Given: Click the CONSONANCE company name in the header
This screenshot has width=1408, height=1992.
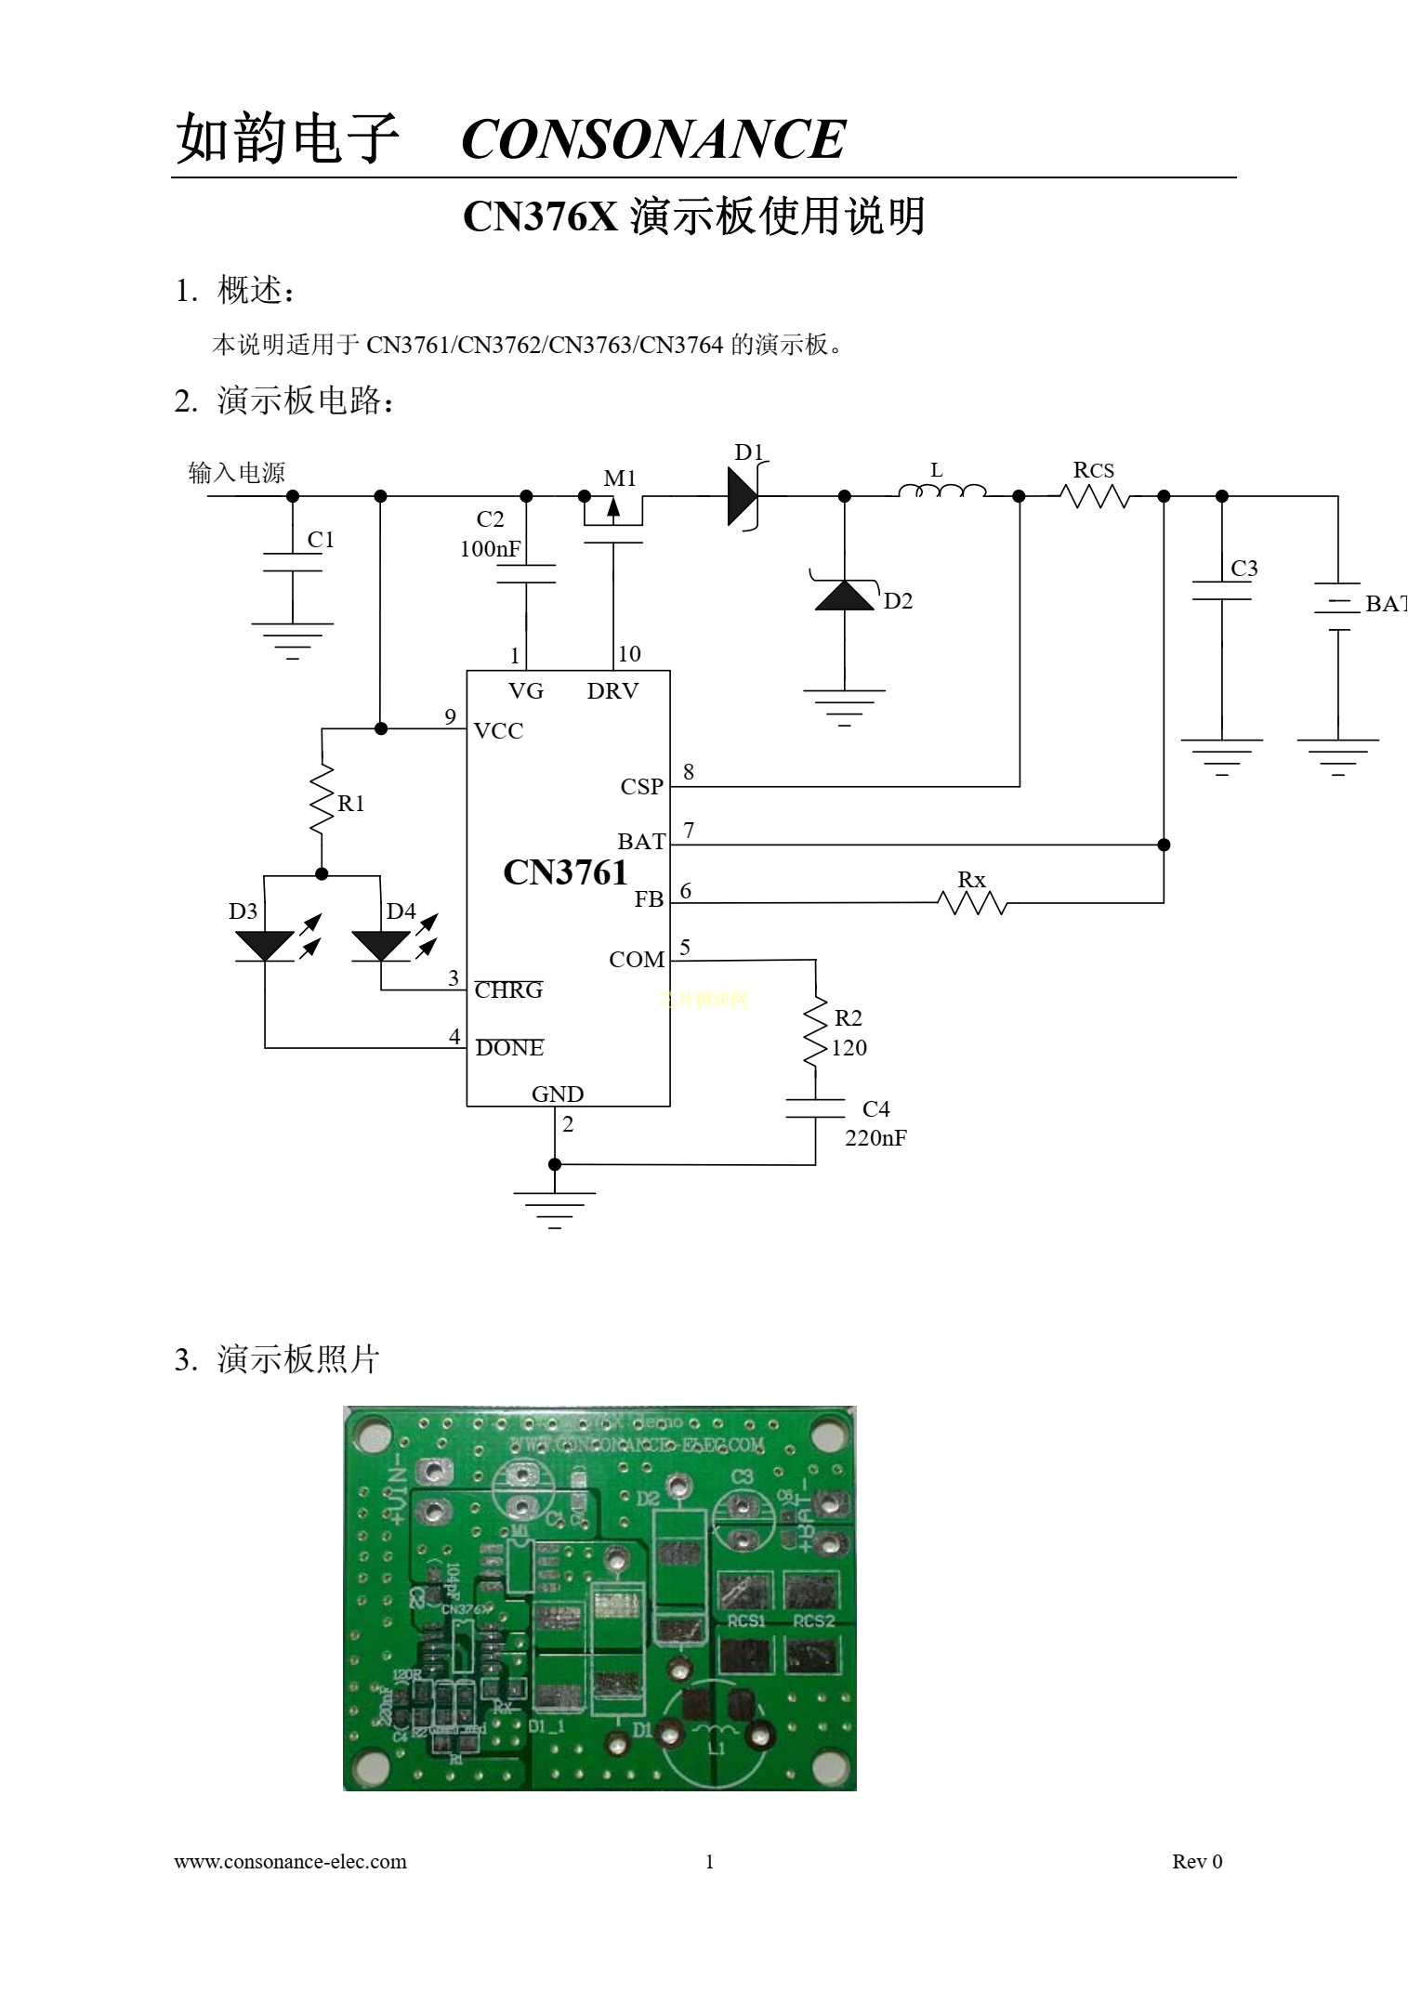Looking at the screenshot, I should coord(652,139).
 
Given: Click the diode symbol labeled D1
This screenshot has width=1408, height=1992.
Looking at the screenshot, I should coord(743,497).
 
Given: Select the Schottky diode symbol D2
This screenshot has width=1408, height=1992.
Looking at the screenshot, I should coord(845,595).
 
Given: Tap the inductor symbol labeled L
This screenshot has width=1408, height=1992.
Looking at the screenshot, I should coord(941,491).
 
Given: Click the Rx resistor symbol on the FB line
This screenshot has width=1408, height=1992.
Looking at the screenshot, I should coord(972,902).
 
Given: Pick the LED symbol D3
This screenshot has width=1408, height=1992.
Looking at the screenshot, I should coord(265,945).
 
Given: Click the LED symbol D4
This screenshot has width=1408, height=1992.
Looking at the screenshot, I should coord(381,945).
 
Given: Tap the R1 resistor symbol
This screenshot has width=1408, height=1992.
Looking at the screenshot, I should coord(322,799).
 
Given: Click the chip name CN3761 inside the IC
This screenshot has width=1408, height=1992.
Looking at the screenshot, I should coord(565,872).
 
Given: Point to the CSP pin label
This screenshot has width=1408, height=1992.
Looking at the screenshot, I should coord(641,787).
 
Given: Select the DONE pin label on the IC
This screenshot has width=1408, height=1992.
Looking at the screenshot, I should coord(509,1048).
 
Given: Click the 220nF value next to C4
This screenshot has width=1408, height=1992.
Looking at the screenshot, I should coord(875,1138).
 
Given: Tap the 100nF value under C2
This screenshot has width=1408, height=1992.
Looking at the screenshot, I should coord(490,549).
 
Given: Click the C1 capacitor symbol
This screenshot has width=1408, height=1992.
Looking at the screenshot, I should coord(293,562).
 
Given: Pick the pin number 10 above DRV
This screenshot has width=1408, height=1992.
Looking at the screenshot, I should coord(629,654).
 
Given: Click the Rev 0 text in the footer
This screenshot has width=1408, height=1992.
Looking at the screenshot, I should coord(1197,1862).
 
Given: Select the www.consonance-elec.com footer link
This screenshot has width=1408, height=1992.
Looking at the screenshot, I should coord(290,1862).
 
